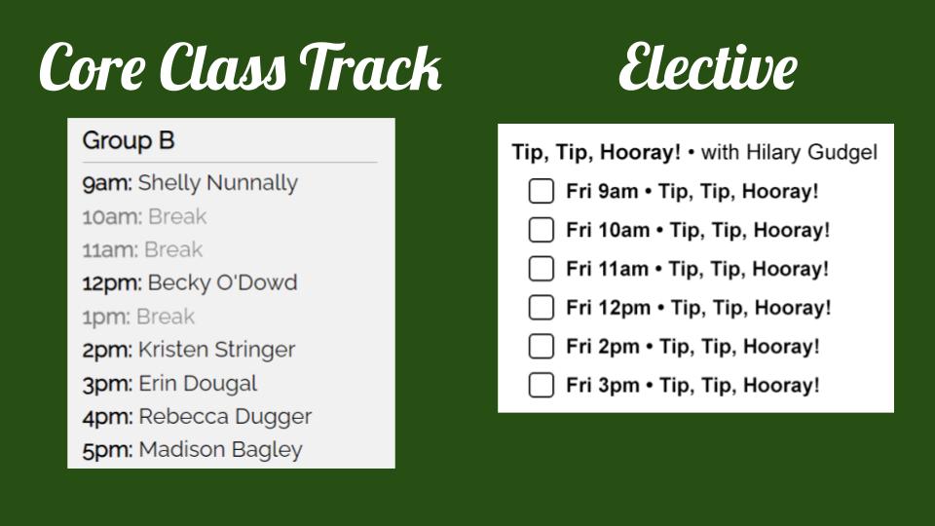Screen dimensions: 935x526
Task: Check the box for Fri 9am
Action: (x=541, y=192)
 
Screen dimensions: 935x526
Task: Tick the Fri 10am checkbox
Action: (x=541, y=230)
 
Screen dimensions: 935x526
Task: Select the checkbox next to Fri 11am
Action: (x=541, y=269)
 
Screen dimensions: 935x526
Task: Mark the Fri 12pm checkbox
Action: (x=541, y=308)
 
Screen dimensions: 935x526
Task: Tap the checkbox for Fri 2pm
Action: (x=541, y=347)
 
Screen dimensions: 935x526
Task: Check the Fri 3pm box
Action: (x=541, y=386)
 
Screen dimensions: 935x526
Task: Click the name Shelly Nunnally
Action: (x=217, y=183)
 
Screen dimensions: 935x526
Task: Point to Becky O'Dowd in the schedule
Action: (x=222, y=282)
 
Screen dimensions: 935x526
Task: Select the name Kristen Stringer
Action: (x=216, y=350)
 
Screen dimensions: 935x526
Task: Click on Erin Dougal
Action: (x=198, y=384)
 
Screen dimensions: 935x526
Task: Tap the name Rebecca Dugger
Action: (x=225, y=417)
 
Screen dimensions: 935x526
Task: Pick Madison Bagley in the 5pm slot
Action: (x=221, y=450)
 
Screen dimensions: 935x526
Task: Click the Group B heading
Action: (x=129, y=141)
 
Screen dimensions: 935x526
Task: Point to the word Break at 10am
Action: (x=177, y=216)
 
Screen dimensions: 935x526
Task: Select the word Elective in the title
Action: (x=708, y=66)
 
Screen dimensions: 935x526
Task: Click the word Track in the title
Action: (x=370, y=67)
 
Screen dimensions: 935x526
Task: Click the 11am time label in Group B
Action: (x=110, y=250)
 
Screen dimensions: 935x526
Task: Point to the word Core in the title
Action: (x=93, y=67)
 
